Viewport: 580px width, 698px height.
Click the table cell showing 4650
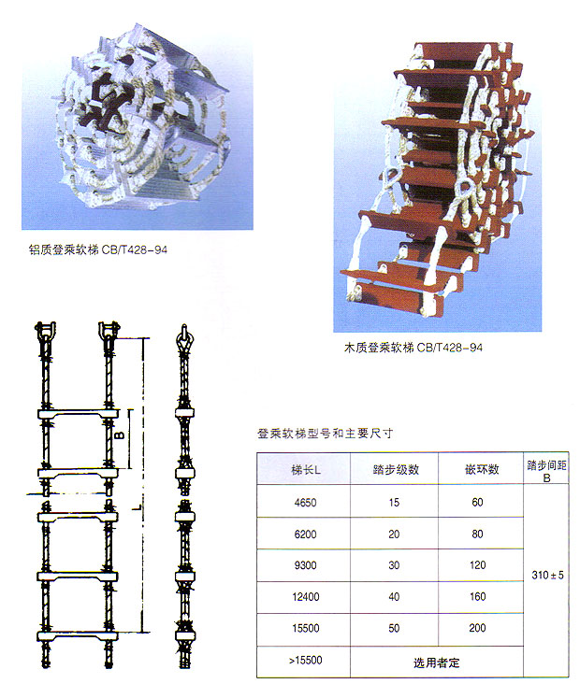[305, 503]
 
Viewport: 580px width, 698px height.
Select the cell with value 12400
[305, 596]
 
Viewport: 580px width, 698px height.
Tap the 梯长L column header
[306, 470]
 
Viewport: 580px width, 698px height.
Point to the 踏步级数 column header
[396, 469]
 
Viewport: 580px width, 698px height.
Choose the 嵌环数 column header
[482, 469]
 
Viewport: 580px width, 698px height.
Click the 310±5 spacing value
[547, 576]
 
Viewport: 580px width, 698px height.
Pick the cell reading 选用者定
[436, 662]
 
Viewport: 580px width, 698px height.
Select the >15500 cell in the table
[305, 661]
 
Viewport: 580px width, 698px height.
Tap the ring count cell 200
[477, 628]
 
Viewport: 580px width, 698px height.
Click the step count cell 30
[394, 565]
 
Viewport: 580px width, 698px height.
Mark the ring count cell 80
[477, 534]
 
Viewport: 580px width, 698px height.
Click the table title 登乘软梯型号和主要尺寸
[325, 434]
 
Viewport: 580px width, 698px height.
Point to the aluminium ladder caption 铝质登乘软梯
[64, 249]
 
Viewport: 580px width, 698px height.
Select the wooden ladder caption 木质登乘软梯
[379, 348]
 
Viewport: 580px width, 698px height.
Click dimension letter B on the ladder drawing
[121, 434]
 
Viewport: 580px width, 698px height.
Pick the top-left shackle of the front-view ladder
[45, 332]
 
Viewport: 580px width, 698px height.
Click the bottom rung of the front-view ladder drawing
[77, 636]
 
